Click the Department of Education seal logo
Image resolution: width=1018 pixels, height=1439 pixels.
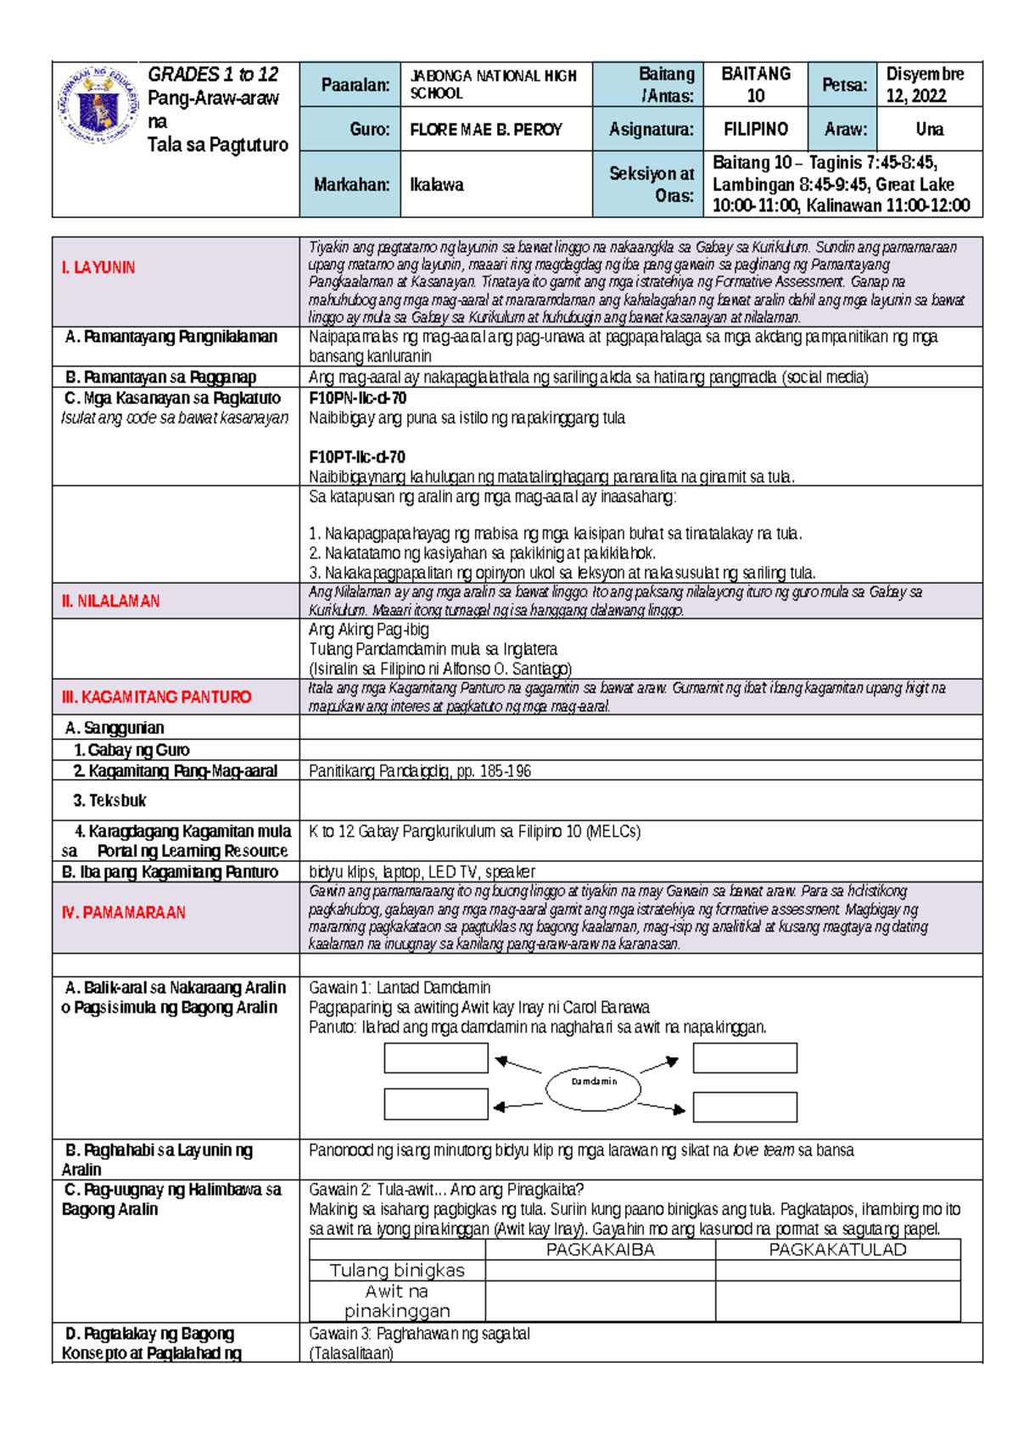98,106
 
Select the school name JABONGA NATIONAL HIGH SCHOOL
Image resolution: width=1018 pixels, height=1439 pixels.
493,84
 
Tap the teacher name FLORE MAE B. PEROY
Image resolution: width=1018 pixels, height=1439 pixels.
486,130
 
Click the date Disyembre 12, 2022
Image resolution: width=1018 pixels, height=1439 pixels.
925,85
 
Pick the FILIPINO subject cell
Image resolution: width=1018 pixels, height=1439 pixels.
755,130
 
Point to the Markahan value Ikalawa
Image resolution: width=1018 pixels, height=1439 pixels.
437,185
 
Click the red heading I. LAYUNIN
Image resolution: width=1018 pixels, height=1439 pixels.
98,267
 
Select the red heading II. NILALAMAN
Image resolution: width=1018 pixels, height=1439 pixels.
110,601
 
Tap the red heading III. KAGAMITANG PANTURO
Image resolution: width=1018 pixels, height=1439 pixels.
156,697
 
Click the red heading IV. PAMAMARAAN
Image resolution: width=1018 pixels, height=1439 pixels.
123,912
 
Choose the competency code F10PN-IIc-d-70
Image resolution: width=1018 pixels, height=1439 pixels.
357,398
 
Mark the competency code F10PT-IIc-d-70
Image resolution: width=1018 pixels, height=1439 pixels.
356,456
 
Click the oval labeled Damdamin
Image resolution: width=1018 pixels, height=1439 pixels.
593,1082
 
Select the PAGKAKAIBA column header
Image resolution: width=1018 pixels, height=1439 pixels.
600,1249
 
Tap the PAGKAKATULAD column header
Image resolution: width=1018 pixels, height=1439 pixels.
837,1249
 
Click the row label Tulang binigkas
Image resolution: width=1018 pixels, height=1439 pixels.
396,1270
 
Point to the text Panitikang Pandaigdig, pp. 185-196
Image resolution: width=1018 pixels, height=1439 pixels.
420,771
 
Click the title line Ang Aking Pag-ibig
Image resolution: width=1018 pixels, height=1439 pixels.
368,630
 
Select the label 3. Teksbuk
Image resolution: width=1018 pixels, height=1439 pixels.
109,800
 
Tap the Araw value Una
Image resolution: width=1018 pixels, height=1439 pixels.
929,130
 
